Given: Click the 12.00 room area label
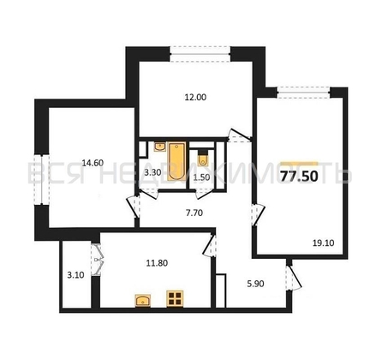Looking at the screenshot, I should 196,97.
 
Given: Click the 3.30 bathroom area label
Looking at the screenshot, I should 152,173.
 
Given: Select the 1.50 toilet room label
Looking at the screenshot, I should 202,178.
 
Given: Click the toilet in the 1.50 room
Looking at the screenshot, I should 202,159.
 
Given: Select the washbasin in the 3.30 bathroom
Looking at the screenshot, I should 158,150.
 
